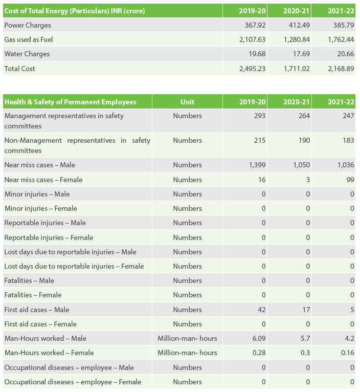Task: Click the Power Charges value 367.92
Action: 255,25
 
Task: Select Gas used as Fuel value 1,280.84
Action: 297,39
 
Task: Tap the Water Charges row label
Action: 27,54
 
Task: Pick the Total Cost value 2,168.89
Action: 341,69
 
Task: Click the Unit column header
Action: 187,102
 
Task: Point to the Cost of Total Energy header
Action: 75,11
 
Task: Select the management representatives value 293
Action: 260,116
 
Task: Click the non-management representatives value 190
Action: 304,140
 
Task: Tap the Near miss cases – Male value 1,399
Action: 257,165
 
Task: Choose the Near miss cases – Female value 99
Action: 350,180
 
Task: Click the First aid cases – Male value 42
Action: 262,310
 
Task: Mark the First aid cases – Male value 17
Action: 306,310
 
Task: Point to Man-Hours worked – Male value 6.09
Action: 259,338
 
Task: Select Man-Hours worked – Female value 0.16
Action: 348,353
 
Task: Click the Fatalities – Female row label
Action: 33,295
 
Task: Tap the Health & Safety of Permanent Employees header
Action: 71,102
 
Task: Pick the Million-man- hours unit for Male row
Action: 187,338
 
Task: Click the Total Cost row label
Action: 20,69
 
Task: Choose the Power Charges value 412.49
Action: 299,25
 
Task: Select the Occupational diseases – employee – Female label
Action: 73,382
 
